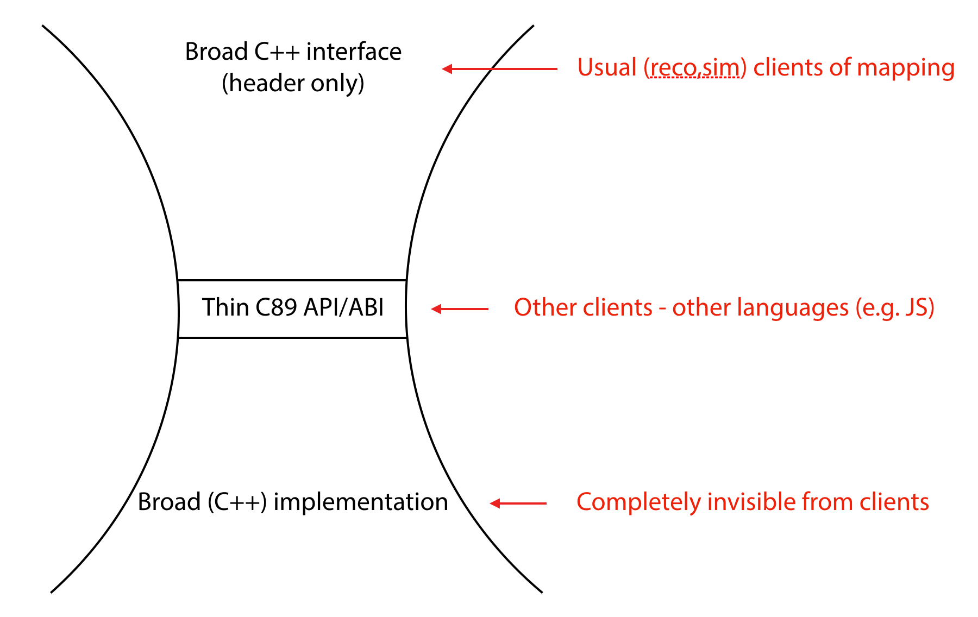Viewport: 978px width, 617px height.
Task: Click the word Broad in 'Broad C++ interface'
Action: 216,52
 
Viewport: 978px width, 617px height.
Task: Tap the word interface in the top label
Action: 354,52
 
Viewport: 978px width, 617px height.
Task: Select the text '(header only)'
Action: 293,84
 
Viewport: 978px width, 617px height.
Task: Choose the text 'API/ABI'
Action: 343,307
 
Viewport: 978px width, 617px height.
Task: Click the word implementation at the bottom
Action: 361,502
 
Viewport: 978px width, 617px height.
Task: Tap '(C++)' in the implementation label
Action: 237,502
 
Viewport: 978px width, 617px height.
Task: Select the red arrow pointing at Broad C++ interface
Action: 500,68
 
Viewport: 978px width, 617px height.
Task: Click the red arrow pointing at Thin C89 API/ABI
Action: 460,308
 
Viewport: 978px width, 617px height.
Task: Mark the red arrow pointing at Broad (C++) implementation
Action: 518,503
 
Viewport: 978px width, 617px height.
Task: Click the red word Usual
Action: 607,68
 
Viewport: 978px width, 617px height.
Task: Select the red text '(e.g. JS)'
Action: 895,308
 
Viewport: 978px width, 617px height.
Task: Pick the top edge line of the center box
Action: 292,280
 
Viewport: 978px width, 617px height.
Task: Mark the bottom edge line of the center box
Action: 292,338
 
